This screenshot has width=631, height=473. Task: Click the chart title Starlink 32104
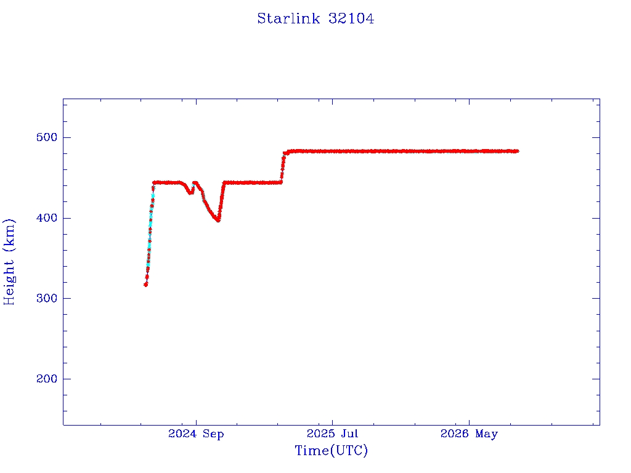click(x=315, y=18)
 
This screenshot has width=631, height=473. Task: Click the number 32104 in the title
click(x=351, y=18)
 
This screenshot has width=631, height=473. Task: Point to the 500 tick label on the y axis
click(x=47, y=137)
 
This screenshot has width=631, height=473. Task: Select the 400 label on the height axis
click(x=47, y=218)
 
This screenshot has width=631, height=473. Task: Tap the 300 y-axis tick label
click(x=47, y=299)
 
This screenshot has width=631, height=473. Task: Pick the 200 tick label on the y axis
click(x=47, y=379)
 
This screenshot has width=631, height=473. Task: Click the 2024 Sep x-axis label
click(x=196, y=434)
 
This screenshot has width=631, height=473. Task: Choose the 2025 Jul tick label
click(x=332, y=434)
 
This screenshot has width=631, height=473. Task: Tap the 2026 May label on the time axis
click(x=469, y=434)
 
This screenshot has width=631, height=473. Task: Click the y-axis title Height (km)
click(x=9, y=262)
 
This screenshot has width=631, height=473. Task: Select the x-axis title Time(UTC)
click(x=331, y=450)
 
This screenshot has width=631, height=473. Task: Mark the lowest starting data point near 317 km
click(x=145, y=285)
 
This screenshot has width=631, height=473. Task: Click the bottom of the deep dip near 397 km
click(x=218, y=220)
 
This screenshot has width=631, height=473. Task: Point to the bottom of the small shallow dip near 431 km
click(x=190, y=193)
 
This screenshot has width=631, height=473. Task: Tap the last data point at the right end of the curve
click(x=517, y=152)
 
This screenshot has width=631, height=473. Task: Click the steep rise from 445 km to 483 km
click(x=282, y=168)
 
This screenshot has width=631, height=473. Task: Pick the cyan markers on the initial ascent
click(x=150, y=225)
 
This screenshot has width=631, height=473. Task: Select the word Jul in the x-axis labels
click(x=349, y=434)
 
